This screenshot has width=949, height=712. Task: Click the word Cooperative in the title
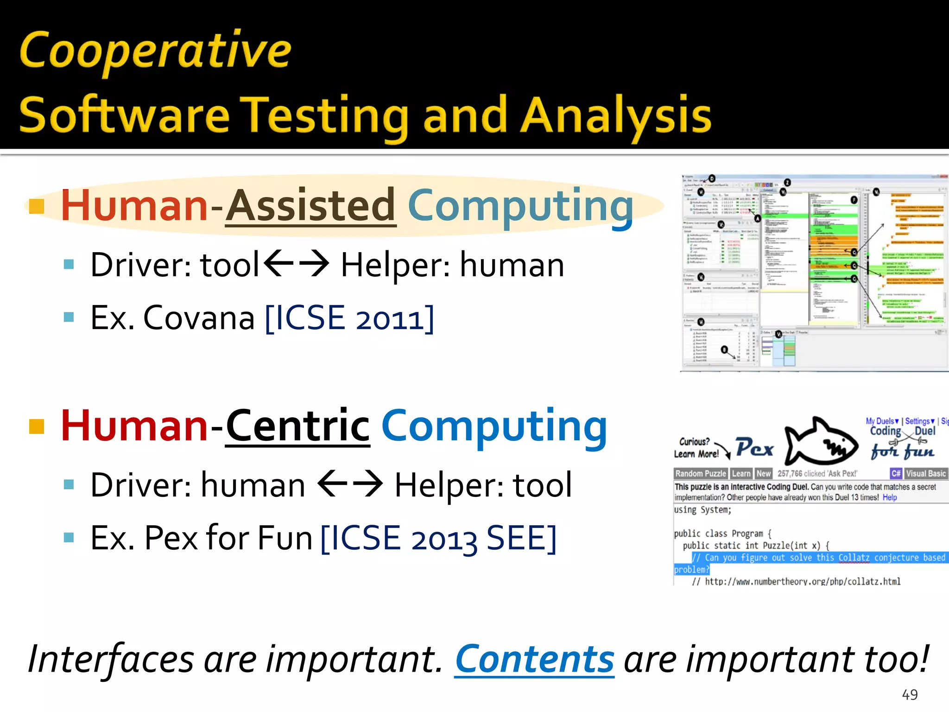pos(155,51)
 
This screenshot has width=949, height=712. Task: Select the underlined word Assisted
pos(311,206)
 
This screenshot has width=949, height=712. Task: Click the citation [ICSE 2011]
pos(350,318)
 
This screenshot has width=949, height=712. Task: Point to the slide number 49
pos(910,694)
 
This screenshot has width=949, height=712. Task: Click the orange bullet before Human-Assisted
pos(36,207)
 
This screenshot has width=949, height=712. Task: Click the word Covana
pos(199,318)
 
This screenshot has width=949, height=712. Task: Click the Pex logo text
pos(754,448)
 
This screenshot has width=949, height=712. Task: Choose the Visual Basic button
pos(925,473)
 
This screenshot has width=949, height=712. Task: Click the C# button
pos(896,473)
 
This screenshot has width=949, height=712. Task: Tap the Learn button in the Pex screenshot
pos(741,473)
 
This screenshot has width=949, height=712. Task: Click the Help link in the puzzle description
pos(890,497)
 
